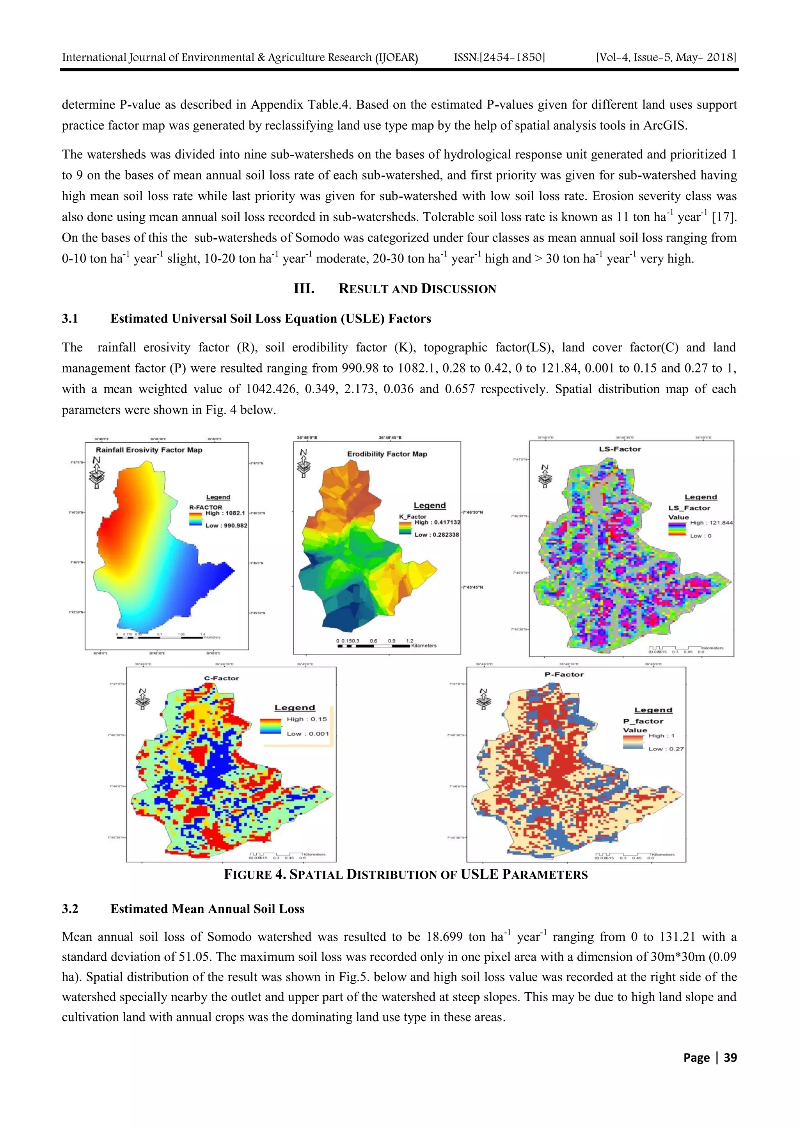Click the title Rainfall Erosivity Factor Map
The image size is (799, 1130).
click(149, 450)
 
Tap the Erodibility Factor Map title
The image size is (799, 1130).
click(387, 454)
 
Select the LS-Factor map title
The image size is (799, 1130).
click(620, 449)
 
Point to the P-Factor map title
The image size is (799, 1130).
click(564, 674)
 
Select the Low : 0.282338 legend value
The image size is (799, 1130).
click(436, 534)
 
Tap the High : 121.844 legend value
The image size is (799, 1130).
click(711, 523)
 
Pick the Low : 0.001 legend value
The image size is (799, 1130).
click(308, 733)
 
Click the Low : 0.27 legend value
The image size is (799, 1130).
click(666, 749)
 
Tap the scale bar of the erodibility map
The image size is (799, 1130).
click(375, 646)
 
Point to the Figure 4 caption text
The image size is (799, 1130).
click(406, 874)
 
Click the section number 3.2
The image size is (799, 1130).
click(70, 908)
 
